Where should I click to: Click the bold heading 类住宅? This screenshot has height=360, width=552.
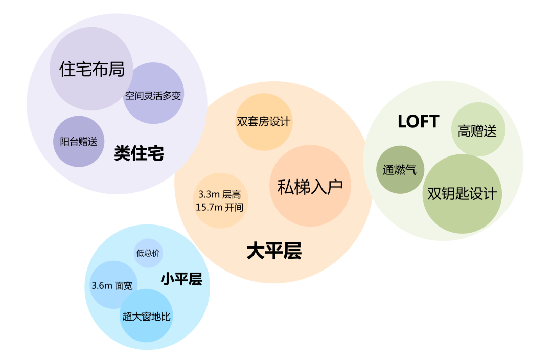point(139,153)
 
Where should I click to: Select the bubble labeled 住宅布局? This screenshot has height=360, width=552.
point(92,69)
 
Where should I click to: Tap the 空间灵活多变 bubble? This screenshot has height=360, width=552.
point(153,95)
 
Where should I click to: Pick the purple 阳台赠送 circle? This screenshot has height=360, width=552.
point(79,142)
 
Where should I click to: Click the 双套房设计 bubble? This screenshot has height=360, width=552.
point(264,122)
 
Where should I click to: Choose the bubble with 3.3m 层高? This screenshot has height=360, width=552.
point(221,200)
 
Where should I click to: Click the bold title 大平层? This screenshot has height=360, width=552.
point(274,251)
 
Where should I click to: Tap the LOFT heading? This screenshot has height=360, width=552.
point(418,122)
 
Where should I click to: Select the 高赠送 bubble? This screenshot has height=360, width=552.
point(477,130)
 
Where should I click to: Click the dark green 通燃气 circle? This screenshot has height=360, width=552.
point(400,170)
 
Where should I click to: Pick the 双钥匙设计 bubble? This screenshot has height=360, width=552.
point(462,194)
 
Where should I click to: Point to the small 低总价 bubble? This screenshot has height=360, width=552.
point(148,253)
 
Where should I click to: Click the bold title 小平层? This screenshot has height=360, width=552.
point(181,279)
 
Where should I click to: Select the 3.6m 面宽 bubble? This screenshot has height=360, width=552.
point(111,285)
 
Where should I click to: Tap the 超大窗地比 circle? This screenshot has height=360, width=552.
point(146,316)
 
